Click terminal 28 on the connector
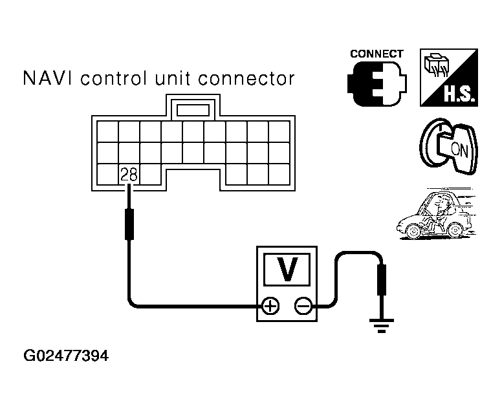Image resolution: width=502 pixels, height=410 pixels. coord(128,173)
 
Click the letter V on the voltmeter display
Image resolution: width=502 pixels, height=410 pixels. coord(287,269)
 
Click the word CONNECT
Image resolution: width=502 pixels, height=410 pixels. coord(376,54)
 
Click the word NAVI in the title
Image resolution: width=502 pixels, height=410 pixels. coord(47,80)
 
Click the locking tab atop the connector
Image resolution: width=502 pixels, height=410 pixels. coord(193,108)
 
